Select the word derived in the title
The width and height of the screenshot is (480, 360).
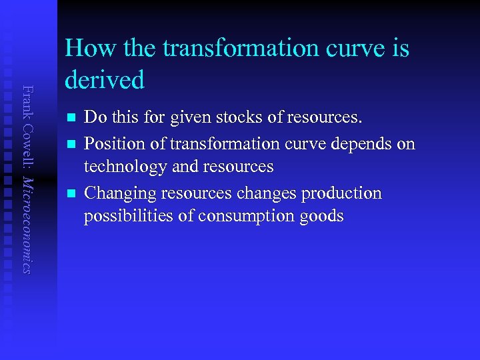[x=105, y=80]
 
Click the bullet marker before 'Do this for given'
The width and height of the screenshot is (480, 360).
[x=70, y=118]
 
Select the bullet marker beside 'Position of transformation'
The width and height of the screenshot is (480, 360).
[x=70, y=144]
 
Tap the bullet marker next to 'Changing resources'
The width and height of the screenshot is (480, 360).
[x=70, y=193]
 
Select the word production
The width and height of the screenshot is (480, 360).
[x=341, y=193]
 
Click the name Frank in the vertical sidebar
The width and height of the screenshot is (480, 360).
[x=27, y=100]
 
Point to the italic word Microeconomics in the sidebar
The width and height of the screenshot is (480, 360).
[x=27, y=217]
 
